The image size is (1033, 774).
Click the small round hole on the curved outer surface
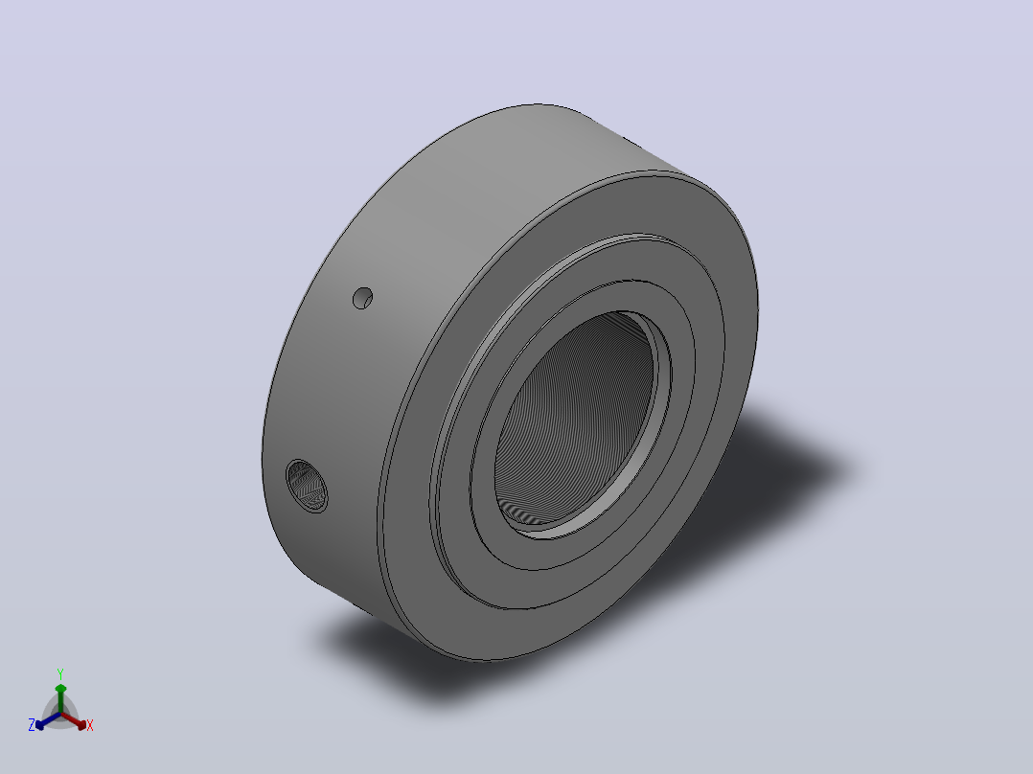tap(362, 298)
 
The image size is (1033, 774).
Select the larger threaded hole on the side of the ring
tap(307, 486)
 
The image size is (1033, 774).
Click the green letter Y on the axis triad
tap(60, 673)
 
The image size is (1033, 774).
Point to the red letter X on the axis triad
tap(90, 725)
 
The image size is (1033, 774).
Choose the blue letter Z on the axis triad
tap(32, 724)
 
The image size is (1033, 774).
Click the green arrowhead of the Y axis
tap(60, 689)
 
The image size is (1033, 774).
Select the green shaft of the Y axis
tap(60, 703)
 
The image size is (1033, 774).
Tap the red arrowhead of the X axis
tap(81, 724)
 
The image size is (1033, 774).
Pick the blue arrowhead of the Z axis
tap(40, 724)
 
